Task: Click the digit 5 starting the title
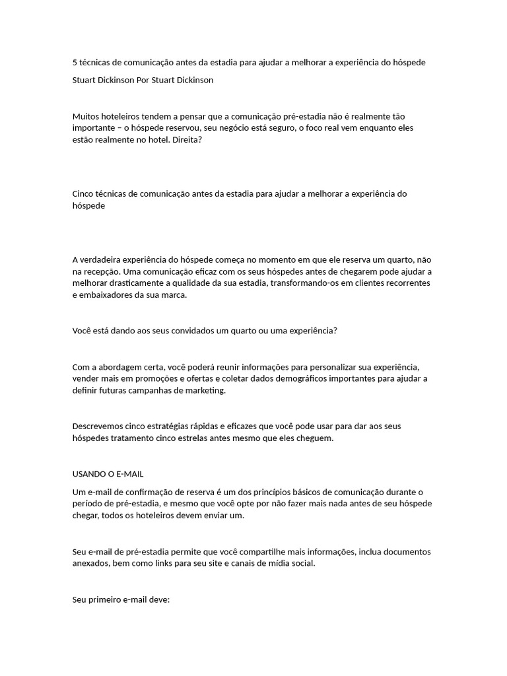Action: pyautogui.click(x=75, y=63)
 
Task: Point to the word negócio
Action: pyautogui.click(x=244, y=127)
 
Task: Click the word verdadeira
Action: pyautogui.click(x=104, y=259)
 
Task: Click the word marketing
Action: pyautogui.click(x=205, y=390)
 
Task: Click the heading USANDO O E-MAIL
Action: pyautogui.click(x=108, y=474)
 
